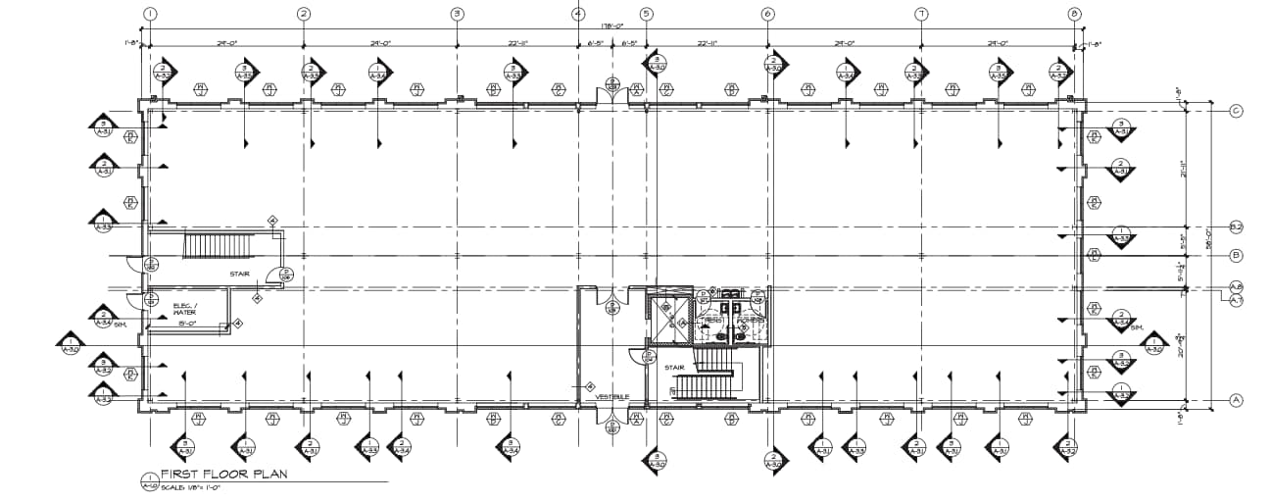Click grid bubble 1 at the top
pos(149,14)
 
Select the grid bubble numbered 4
pos(578,14)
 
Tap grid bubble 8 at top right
pos(1075,14)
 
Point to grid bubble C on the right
pos(1236,111)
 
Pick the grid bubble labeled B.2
pos(1236,227)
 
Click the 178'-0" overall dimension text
pos(612,26)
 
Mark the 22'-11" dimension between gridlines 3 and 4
pos(516,44)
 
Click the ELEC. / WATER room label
pos(185,309)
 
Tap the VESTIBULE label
pos(611,396)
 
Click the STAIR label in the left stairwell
pos(240,274)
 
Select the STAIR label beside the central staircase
pos(673,368)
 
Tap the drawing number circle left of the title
pos(150,479)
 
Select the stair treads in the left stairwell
pos(219,245)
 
